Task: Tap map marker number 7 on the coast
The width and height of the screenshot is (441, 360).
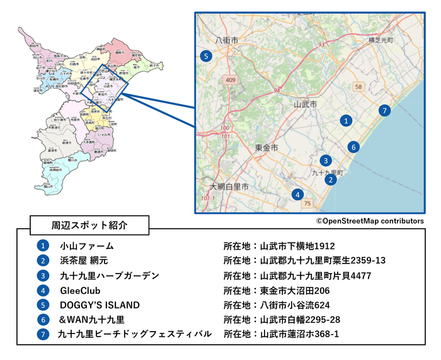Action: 385,110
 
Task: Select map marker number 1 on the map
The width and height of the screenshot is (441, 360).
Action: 345,119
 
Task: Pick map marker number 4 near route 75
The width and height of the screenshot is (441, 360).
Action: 298,194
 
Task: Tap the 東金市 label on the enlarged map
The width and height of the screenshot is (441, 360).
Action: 266,147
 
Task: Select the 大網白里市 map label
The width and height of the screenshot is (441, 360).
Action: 229,187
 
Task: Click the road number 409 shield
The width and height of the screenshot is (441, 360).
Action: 230,80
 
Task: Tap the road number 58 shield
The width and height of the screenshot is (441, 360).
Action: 358,86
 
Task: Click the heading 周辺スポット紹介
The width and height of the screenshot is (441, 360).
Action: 89,225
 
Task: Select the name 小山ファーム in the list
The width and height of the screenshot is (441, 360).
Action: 87,246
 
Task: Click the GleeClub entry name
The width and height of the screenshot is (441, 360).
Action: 80,291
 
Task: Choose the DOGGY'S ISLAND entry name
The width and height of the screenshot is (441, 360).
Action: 100,305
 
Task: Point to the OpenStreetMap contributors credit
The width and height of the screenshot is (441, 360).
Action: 370,221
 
